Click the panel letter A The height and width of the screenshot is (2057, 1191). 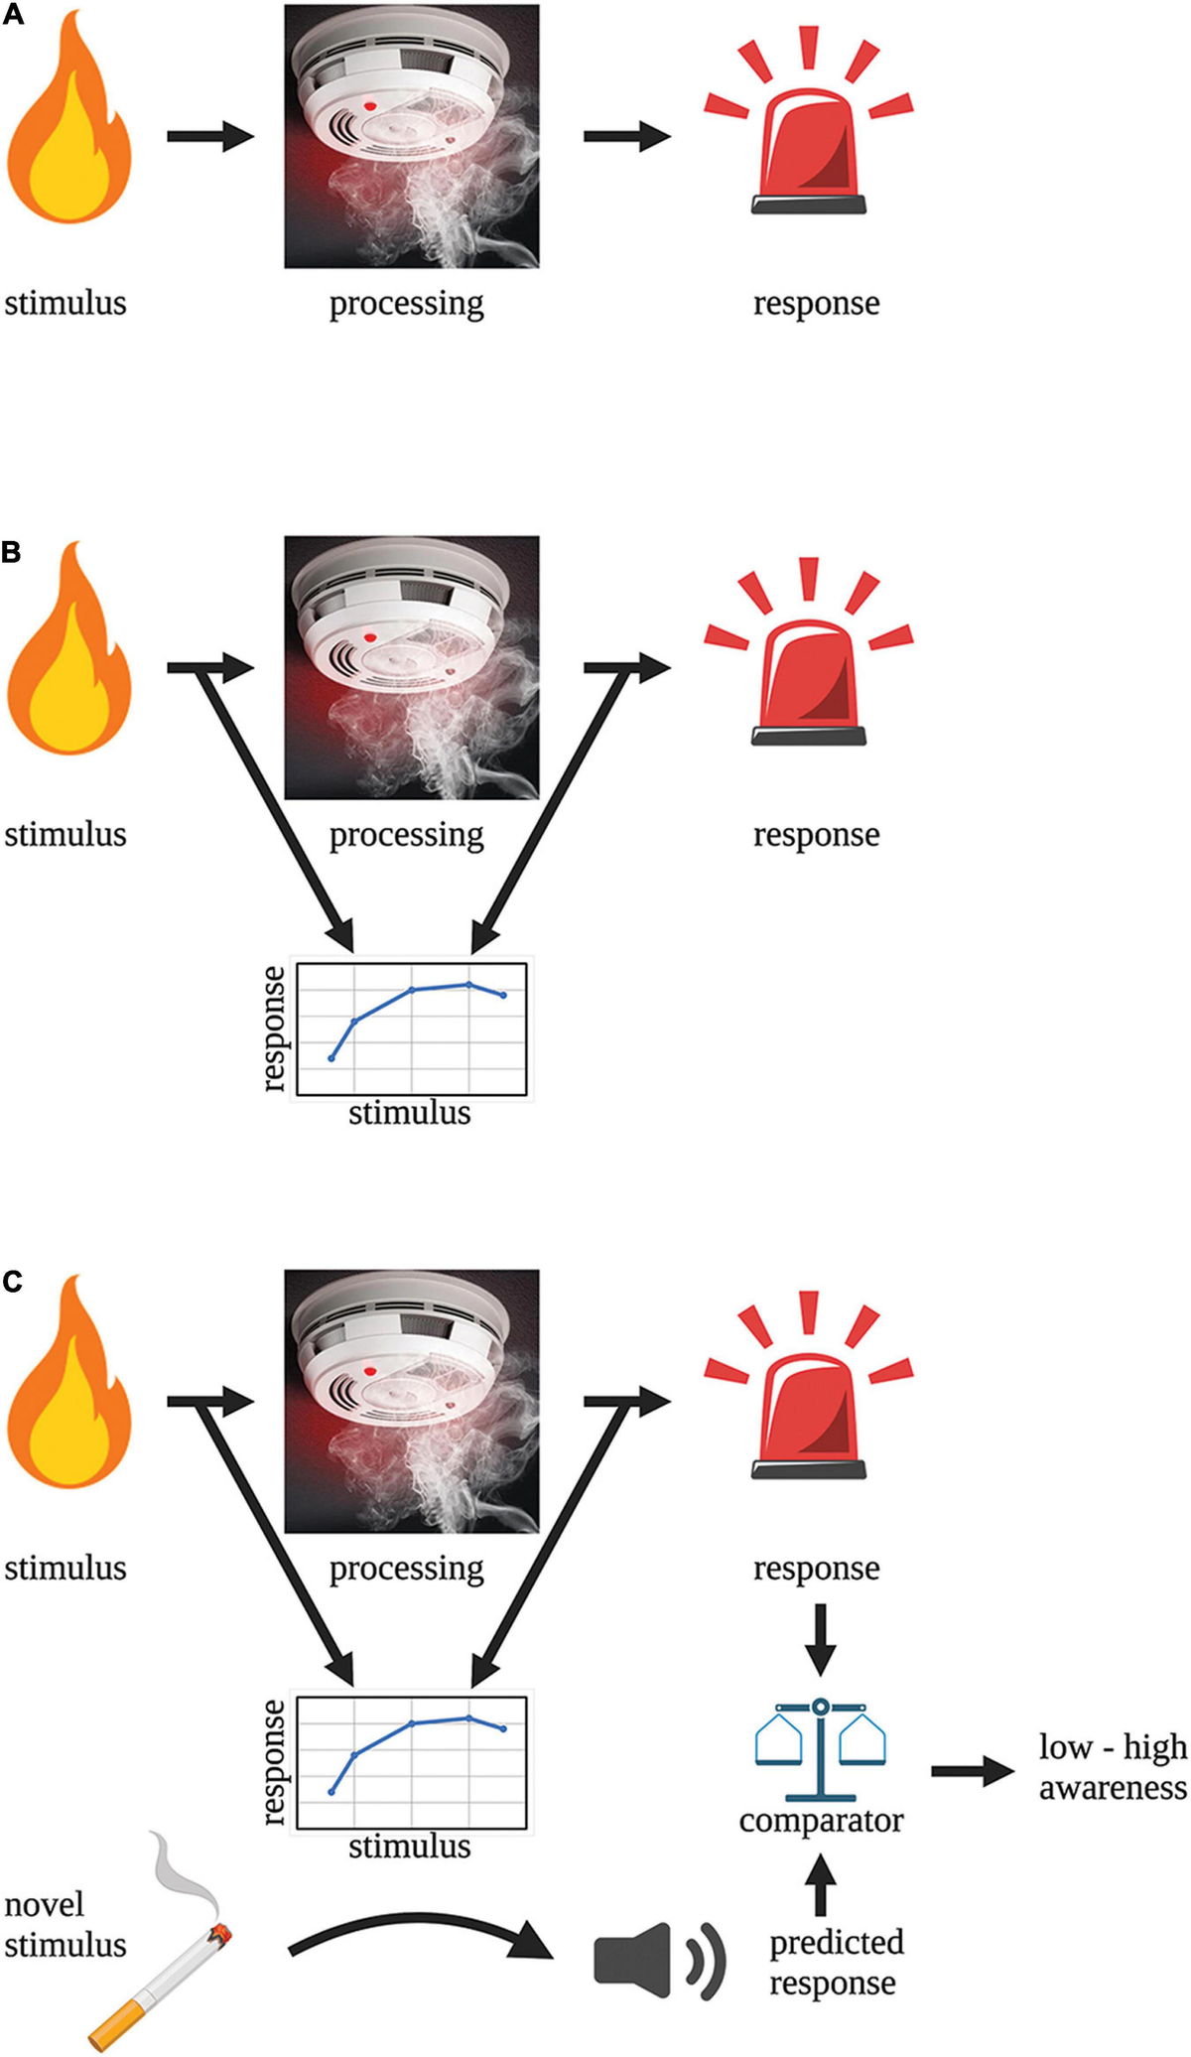(12, 15)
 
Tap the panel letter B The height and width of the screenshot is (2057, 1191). (12, 552)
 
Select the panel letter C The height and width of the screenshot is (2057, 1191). (12, 1282)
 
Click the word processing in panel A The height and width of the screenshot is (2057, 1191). (406, 303)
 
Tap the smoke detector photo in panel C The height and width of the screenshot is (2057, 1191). (412, 1400)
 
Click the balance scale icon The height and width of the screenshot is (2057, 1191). (820, 1747)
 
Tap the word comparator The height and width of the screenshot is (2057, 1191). (821, 1821)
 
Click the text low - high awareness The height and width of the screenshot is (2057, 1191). (1113, 1766)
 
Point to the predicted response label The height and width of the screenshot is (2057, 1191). (836, 1962)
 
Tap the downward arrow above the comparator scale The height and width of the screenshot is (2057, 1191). (820, 1638)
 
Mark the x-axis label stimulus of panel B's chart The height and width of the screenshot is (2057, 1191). (409, 1113)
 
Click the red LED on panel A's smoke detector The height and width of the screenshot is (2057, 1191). (370, 105)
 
